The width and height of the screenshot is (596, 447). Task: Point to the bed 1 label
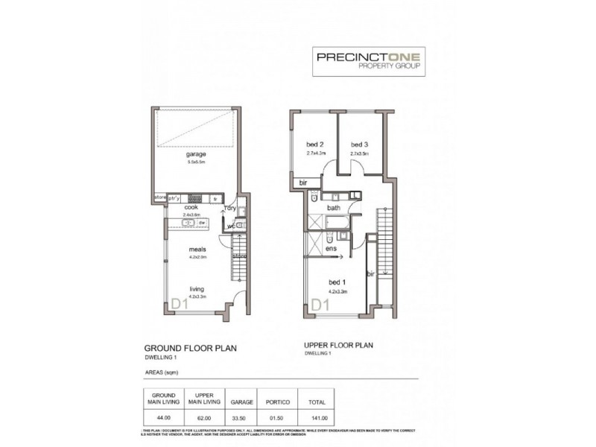(x=337, y=282)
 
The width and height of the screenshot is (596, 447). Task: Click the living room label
(x=196, y=289)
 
